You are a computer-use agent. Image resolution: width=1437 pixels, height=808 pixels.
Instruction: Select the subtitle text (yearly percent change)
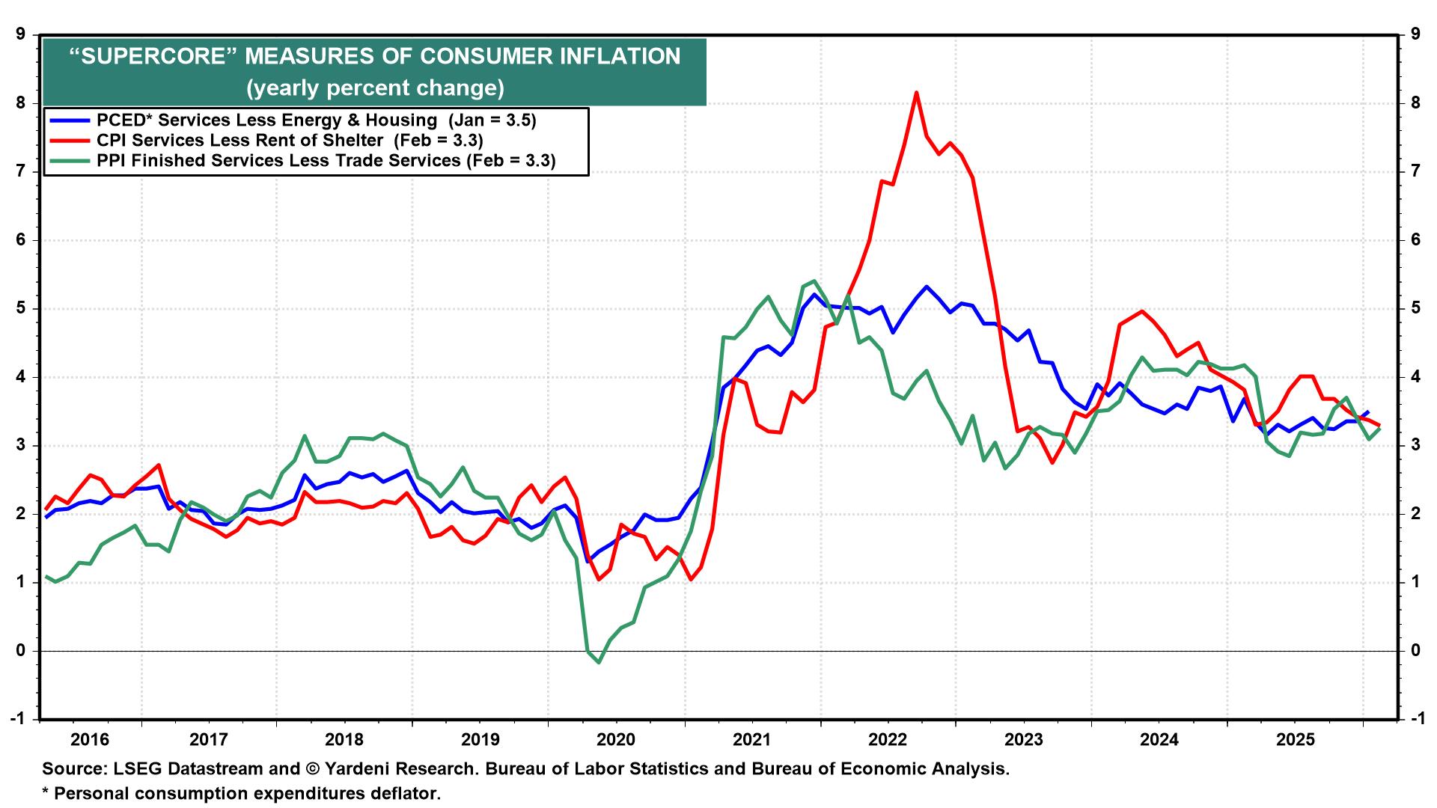click(375, 88)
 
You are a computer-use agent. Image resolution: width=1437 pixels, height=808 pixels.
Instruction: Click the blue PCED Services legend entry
click(266, 120)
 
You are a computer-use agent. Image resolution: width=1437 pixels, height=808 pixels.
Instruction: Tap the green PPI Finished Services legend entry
click(278, 161)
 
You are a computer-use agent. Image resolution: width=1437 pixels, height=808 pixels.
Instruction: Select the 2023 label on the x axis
click(1023, 740)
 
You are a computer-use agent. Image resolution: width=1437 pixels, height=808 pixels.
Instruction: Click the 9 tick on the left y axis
click(21, 34)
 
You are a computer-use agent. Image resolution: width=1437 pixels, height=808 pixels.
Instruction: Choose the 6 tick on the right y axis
click(1415, 240)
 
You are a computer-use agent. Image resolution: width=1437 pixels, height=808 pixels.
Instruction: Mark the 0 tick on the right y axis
click(1415, 651)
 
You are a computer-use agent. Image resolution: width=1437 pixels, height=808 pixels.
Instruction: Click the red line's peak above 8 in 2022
click(916, 93)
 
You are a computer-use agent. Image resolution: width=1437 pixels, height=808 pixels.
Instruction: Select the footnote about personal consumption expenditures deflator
click(241, 793)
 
